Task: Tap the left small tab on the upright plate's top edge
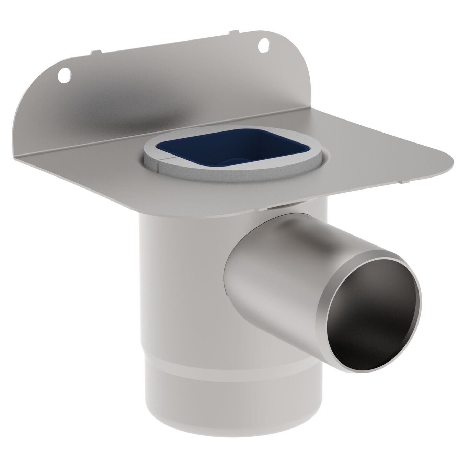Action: tap(96, 52)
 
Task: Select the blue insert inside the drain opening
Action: tap(196, 148)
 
